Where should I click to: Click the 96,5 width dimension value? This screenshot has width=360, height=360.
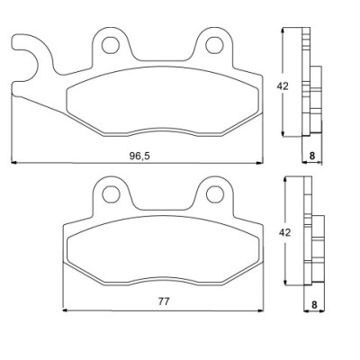(x=139, y=156)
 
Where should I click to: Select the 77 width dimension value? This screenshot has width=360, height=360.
(x=164, y=301)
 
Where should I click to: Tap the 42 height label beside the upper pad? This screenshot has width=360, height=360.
(x=283, y=86)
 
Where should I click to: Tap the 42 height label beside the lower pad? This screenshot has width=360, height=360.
(x=284, y=232)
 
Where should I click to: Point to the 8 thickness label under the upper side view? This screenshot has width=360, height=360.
(x=312, y=156)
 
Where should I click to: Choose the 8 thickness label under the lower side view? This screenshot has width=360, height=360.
(x=314, y=305)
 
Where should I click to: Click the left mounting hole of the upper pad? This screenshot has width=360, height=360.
(x=111, y=45)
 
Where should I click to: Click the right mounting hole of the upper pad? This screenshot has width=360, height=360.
(x=214, y=45)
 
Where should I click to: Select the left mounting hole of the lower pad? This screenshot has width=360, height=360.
(x=111, y=194)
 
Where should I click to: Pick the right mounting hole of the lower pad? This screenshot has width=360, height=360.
(x=215, y=194)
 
